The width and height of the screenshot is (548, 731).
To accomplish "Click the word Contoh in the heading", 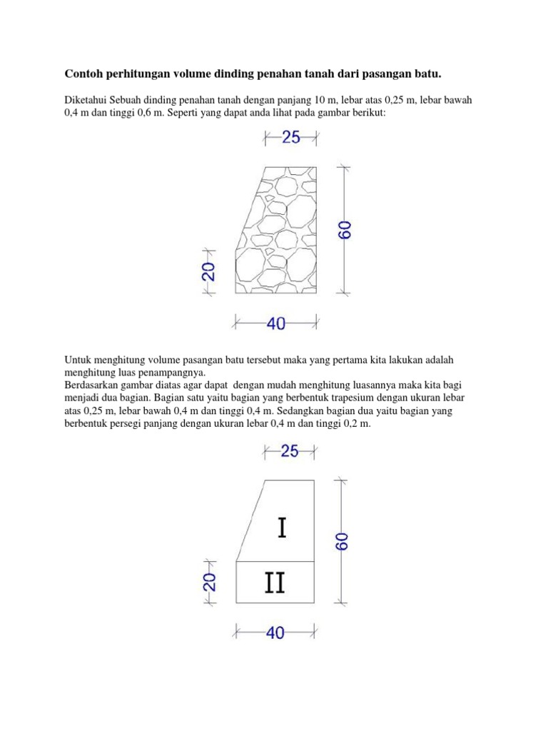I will click(x=86, y=74).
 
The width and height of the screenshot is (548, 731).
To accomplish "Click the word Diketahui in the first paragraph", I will click(x=86, y=101).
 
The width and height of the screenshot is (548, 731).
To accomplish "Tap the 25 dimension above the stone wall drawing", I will click(x=291, y=137).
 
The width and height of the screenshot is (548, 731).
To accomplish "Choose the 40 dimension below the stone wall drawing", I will click(x=276, y=324).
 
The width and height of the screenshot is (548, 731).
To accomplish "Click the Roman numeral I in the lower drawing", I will click(x=283, y=528).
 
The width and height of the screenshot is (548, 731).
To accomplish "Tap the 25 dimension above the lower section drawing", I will click(x=290, y=450).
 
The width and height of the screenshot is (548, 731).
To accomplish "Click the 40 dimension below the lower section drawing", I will click(x=275, y=632).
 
